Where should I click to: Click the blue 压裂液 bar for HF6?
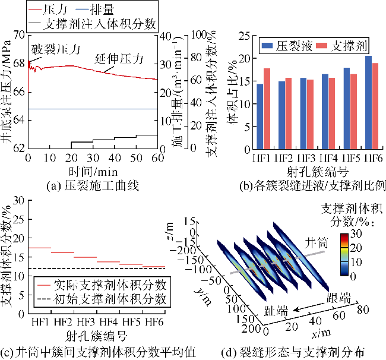(x=368, y=101)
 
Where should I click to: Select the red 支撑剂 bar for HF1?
(x=267, y=108)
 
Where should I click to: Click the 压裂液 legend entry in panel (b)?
(x=286, y=46)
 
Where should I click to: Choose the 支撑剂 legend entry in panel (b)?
(x=338, y=46)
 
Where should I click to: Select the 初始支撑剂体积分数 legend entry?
(x=100, y=298)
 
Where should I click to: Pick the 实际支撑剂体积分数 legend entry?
(x=100, y=285)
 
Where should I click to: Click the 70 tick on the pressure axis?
(x=19, y=35)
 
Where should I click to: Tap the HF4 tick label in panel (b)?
(x=328, y=159)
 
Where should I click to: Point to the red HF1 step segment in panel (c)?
(x=40, y=247)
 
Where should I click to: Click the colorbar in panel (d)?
(x=345, y=255)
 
